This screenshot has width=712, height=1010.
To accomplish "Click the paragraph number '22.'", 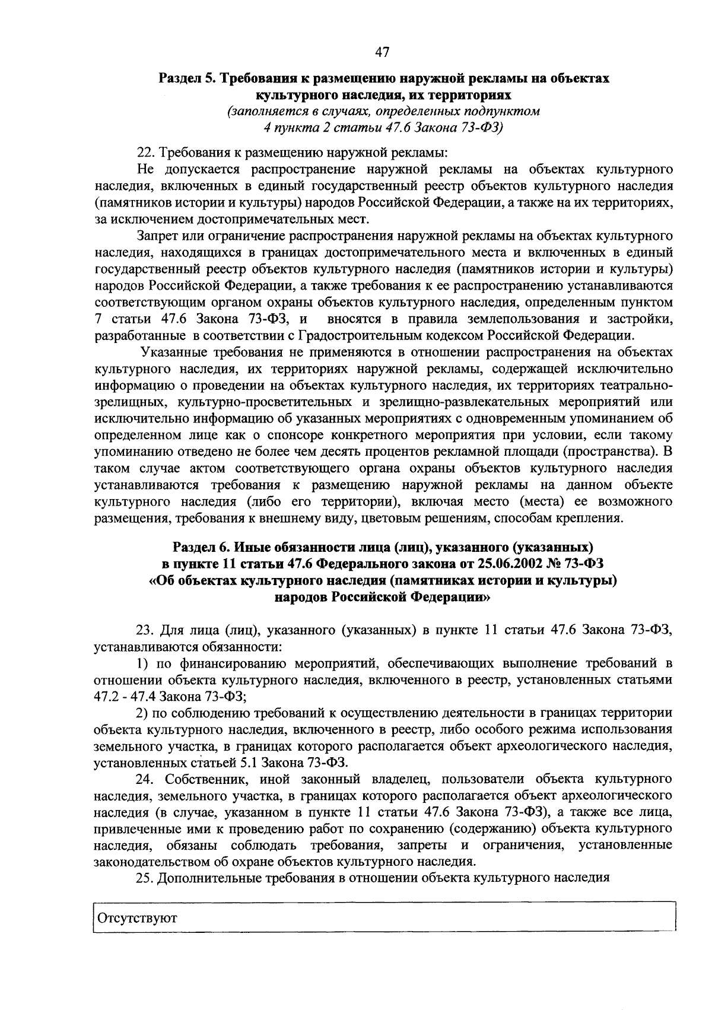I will [145, 153].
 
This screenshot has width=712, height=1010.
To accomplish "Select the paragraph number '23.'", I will [145, 629].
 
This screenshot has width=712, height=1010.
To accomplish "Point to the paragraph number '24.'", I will [145, 779].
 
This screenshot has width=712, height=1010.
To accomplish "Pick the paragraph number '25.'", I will [145, 878].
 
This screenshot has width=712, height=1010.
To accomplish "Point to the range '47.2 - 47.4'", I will [122, 696].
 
